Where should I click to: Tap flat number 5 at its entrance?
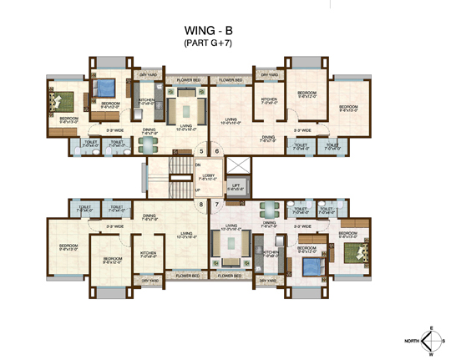[201, 151]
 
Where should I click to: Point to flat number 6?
[216, 151]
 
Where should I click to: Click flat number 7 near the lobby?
[216, 204]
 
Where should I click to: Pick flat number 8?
[201, 204]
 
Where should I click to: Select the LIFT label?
[239, 188]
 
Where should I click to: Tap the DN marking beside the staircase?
[197, 165]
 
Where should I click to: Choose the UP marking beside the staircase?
[197, 190]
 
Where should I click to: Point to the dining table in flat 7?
[269, 210]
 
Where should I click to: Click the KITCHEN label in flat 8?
[149, 253]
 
